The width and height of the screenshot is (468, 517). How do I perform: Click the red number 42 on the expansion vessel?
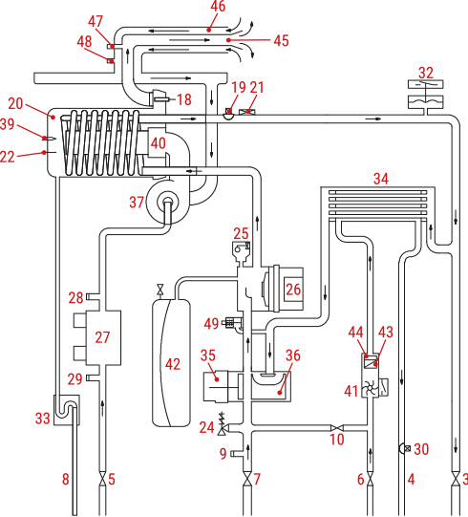tap(173, 364)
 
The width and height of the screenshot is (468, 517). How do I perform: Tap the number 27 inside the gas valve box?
tap(102, 337)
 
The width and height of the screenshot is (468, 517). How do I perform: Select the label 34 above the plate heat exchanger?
tap(381, 179)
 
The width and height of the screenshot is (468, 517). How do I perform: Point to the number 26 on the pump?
tap(293, 290)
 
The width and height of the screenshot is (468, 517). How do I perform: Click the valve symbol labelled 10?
tap(337, 428)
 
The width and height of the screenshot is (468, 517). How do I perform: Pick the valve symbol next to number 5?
tap(103, 478)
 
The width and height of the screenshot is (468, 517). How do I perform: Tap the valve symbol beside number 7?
tap(247, 478)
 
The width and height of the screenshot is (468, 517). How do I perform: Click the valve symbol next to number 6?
tap(371, 478)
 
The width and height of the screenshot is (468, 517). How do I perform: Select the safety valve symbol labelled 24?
tap(223, 424)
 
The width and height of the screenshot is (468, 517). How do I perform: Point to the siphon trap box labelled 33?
tap(67, 410)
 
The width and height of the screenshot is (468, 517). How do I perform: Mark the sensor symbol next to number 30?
tap(405, 448)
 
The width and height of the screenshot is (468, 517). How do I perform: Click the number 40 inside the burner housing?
tap(159, 143)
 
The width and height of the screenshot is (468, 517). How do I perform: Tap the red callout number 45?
tap(281, 40)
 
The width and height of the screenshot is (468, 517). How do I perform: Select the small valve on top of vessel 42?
tap(160, 290)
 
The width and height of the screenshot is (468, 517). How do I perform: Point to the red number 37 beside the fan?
tap(137, 203)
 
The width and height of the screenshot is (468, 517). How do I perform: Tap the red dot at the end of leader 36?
tap(280, 393)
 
